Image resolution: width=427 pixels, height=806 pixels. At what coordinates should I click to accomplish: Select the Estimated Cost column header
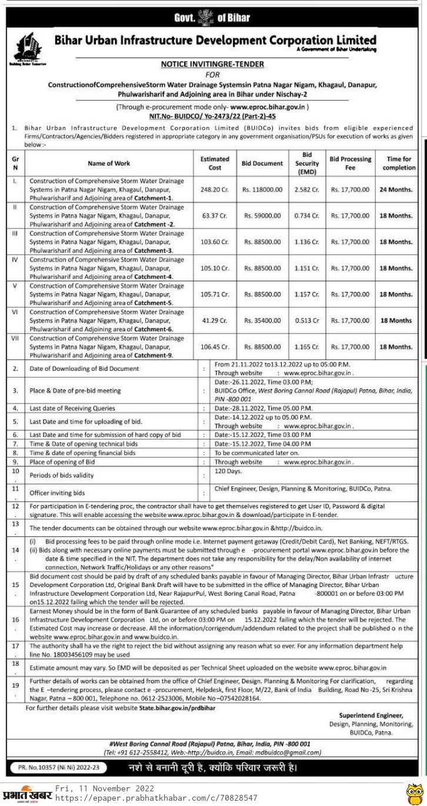(215, 163)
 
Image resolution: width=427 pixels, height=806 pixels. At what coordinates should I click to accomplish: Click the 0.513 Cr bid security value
(308, 320)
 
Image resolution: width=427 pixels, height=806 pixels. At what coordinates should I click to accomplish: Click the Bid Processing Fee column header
(351, 163)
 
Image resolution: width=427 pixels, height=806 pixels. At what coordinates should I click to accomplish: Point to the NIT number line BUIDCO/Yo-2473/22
(212, 117)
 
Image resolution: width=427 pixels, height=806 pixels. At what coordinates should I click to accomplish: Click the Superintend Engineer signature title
(371, 715)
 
